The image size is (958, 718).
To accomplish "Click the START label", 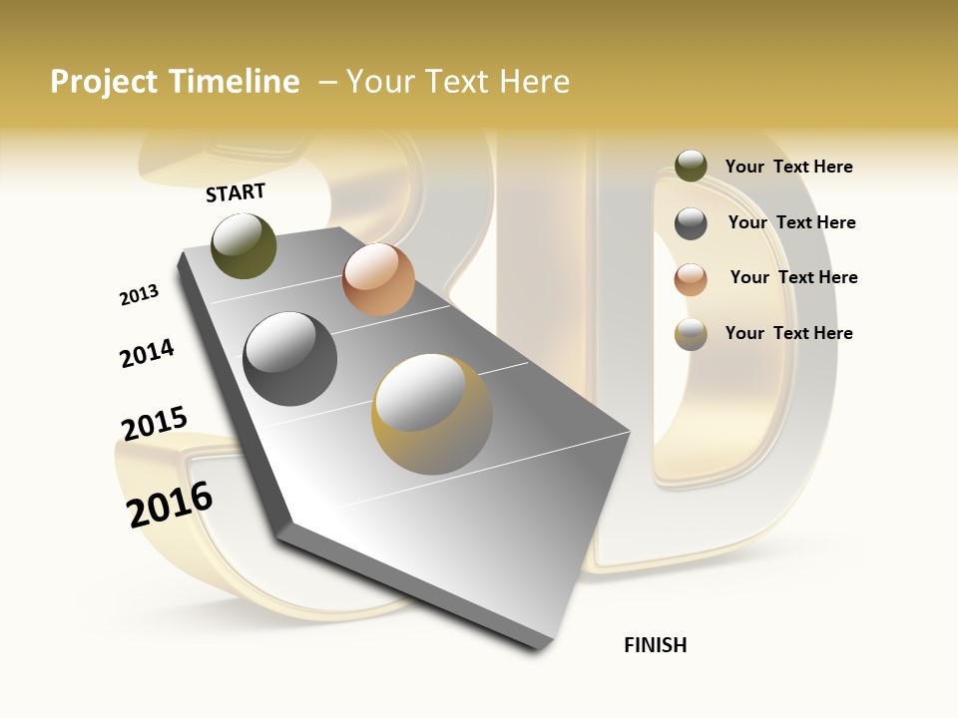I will click(x=236, y=192).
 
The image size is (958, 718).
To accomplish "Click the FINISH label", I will click(x=655, y=645).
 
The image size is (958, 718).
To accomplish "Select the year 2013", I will click(x=139, y=295).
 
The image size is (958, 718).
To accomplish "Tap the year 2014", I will click(x=147, y=353).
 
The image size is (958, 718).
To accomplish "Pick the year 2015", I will click(x=154, y=423).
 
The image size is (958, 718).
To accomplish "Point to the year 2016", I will click(x=170, y=505).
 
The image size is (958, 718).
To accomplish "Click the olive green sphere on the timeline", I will click(x=244, y=245).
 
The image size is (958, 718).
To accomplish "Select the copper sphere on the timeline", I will click(x=378, y=279).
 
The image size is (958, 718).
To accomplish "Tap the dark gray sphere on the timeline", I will click(x=290, y=359).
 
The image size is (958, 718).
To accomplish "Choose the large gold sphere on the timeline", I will click(x=432, y=414).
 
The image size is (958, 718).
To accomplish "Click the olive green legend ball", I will click(x=691, y=166).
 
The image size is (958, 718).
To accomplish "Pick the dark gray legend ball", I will click(x=691, y=223).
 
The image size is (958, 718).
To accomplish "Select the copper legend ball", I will click(x=691, y=279).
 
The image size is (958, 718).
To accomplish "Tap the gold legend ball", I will click(x=691, y=334).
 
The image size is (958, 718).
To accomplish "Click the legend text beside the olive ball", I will click(x=788, y=167).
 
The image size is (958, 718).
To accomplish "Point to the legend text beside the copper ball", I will click(x=793, y=277).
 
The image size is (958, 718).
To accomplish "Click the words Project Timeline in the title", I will click(x=175, y=82).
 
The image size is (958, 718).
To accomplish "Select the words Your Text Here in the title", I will click(x=458, y=82).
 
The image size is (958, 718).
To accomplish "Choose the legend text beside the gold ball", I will click(x=788, y=333).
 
